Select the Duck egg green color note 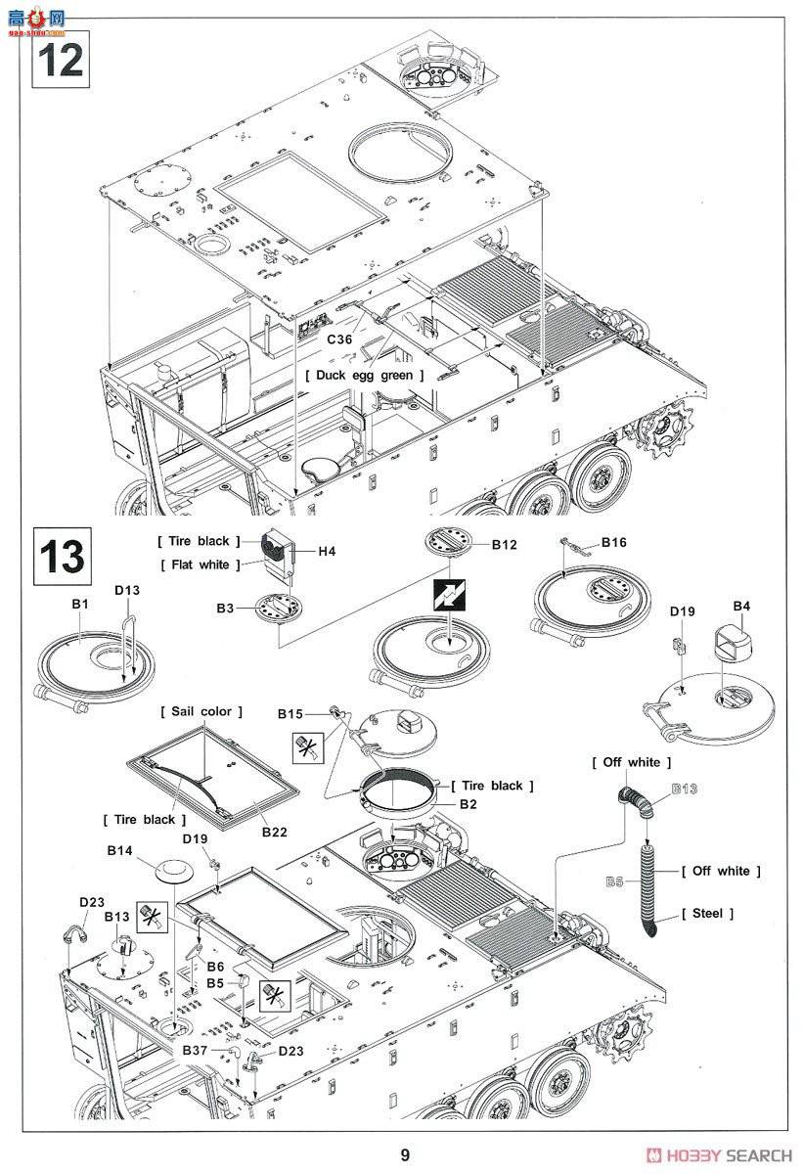(x=365, y=375)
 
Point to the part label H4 (x=326, y=552)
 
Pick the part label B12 (x=504, y=544)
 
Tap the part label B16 (x=614, y=542)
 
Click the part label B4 (x=741, y=607)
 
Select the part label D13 (x=127, y=590)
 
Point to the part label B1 (x=80, y=606)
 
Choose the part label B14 (x=119, y=851)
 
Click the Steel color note (x=707, y=913)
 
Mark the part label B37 (x=195, y=1050)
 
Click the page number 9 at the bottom (x=405, y=1155)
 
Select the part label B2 (x=468, y=803)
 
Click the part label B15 (x=290, y=714)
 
